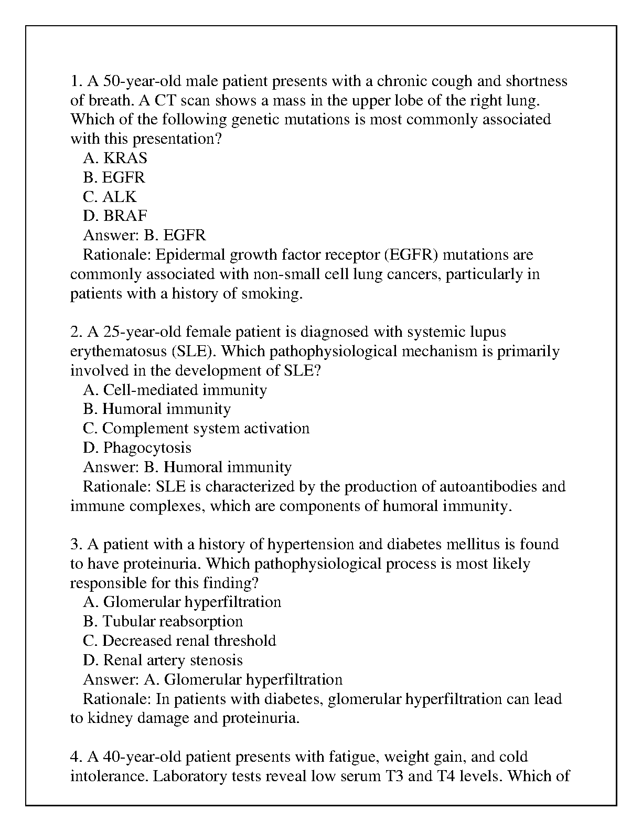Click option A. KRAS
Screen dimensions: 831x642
click(x=115, y=158)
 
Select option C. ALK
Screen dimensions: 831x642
click(x=110, y=197)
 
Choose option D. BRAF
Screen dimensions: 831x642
click(x=115, y=216)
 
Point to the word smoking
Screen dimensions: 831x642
click(x=272, y=293)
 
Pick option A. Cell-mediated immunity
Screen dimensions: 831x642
click(x=175, y=390)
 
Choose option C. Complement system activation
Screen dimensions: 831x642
click(x=196, y=429)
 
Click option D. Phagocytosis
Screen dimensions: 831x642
click(x=137, y=448)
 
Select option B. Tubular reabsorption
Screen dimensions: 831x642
click(x=163, y=622)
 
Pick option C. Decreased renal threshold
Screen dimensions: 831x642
click(x=179, y=641)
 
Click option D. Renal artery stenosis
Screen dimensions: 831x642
click(x=163, y=660)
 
